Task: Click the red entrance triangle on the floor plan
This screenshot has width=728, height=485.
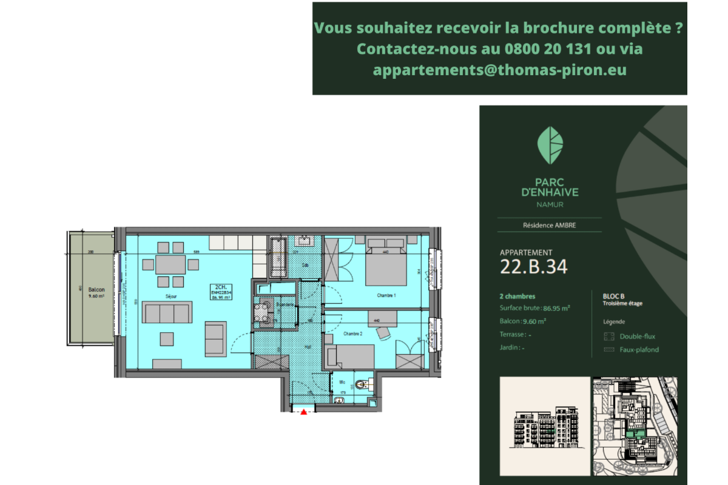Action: [x=304, y=412]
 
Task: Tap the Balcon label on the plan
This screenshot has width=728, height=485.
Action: [x=96, y=290]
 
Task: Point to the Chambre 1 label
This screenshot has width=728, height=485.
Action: [x=386, y=296]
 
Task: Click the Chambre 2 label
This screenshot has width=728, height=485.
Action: [x=352, y=334]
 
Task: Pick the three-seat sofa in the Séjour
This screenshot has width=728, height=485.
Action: [x=166, y=313]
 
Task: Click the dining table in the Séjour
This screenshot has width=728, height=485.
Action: [x=171, y=265]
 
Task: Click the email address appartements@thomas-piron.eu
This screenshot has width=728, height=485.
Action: [x=500, y=70]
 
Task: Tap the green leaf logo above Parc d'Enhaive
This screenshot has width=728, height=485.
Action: [x=550, y=145]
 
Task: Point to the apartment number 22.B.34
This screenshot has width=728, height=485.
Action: [x=534, y=267]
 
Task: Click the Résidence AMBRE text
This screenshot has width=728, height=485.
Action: [x=550, y=225]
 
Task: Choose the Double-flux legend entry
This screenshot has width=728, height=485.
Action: [x=637, y=336]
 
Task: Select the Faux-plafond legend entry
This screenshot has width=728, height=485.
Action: [x=639, y=350]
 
